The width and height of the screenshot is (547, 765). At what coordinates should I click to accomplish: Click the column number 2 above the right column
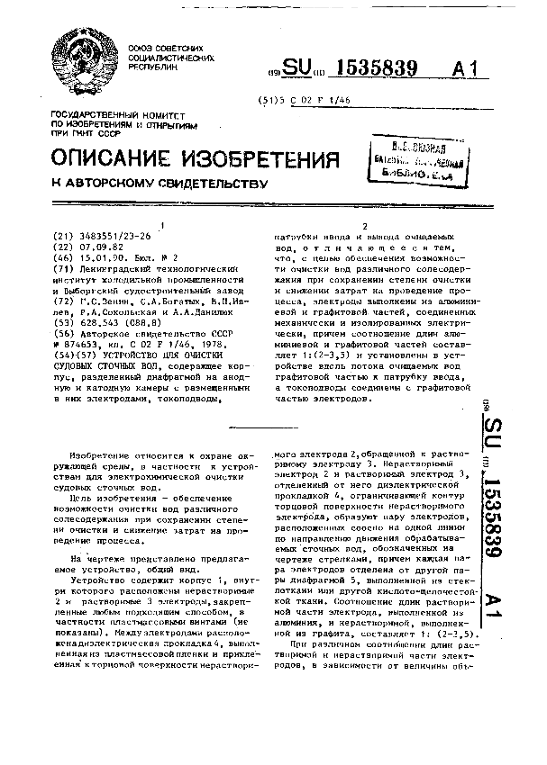tap(365, 225)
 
